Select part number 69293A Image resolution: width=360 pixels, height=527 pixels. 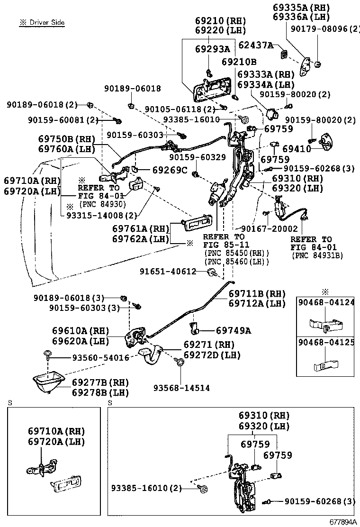[212, 49]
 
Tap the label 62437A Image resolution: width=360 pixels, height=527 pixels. [256, 45]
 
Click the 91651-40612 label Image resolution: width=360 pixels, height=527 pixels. [168, 272]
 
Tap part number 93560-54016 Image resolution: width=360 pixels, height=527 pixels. [100, 358]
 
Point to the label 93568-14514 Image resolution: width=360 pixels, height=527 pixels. [181, 388]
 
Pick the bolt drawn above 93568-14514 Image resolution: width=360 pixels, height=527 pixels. [180, 363]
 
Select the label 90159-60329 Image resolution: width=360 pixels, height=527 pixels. [198, 157]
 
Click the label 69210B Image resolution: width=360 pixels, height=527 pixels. [239, 62]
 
